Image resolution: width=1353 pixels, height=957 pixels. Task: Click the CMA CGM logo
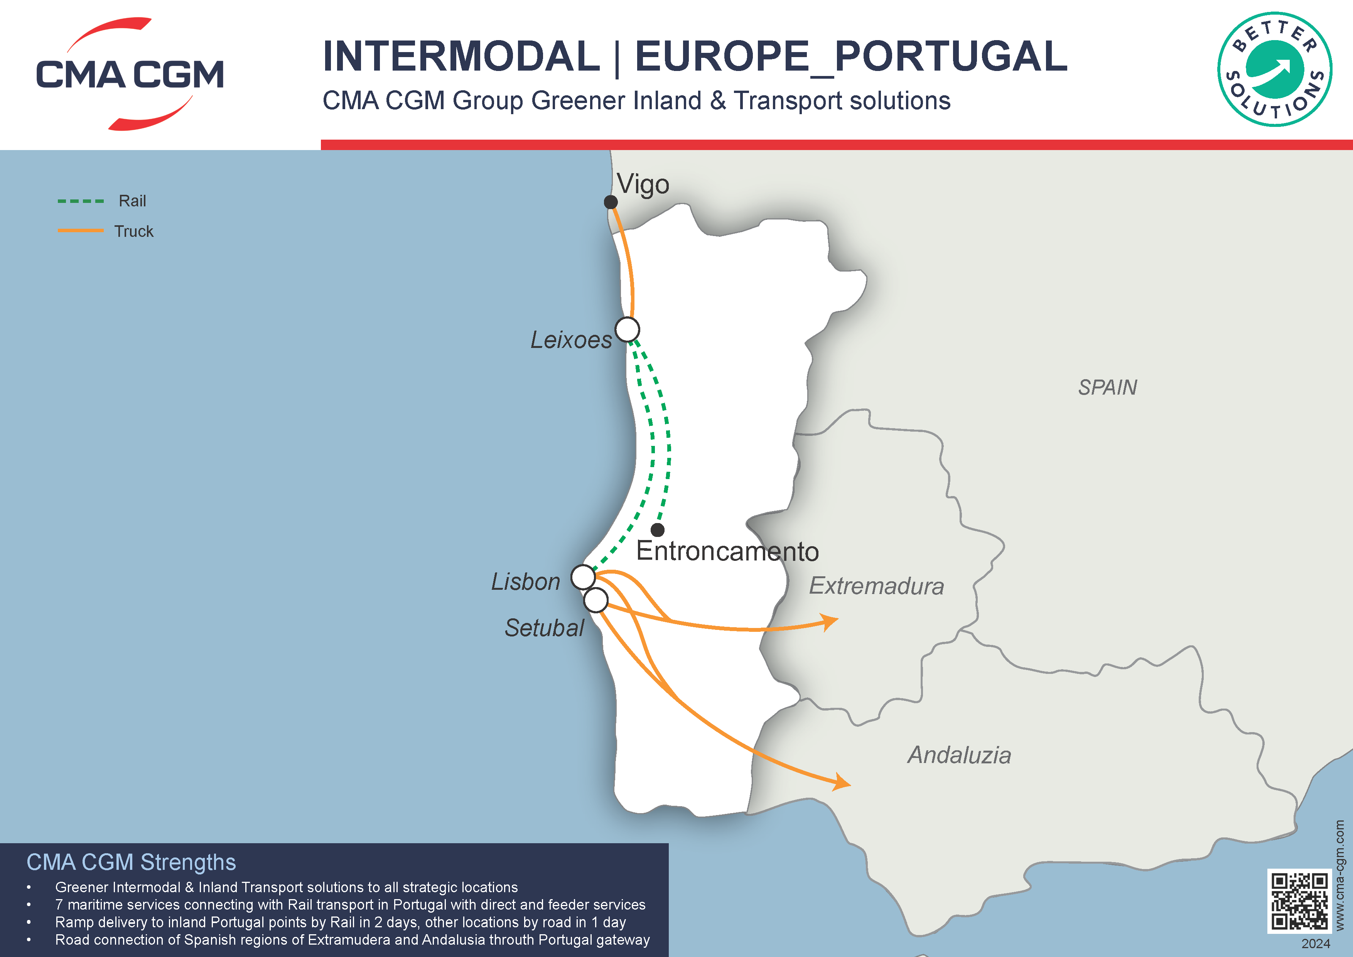tap(130, 74)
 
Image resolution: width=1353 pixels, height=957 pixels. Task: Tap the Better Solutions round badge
tap(1275, 69)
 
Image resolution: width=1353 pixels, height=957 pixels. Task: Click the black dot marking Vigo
tap(611, 202)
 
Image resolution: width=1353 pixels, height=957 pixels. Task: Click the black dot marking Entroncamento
tap(658, 530)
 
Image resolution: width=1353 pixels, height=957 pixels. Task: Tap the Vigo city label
tap(643, 184)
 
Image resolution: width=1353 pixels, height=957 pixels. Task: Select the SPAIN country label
tap(1107, 388)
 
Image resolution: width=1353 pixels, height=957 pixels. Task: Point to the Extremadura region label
tap(876, 586)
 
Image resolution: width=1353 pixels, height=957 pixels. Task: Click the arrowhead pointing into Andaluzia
tap(843, 783)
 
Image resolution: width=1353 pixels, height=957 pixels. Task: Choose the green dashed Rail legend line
tap(81, 201)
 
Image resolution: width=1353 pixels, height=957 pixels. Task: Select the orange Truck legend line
tap(81, 230)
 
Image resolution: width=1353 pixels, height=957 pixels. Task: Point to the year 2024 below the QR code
tap(1315, 944)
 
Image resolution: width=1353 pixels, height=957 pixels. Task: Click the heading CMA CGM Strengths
tap(131, 862)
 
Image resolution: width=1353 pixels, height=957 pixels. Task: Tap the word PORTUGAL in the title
tap(950, 57)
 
